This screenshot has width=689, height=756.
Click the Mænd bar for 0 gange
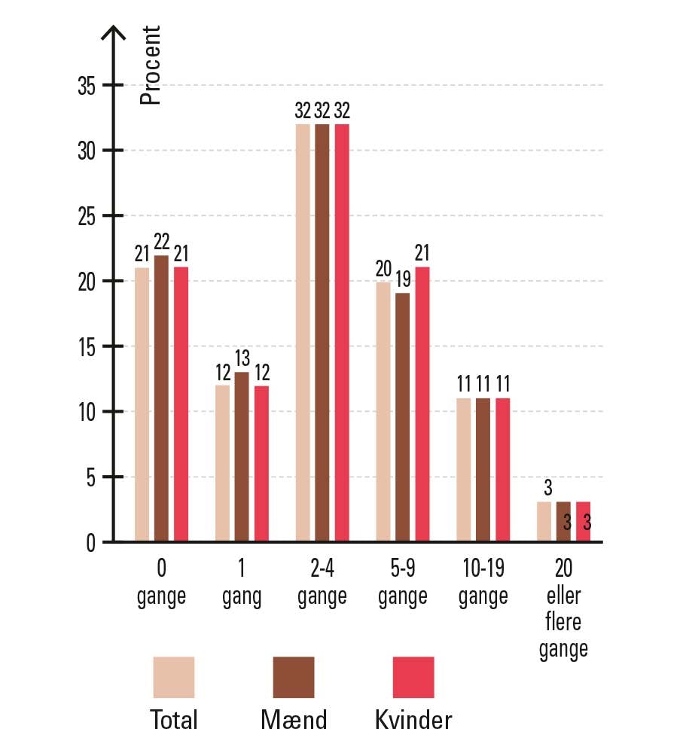(161, 399)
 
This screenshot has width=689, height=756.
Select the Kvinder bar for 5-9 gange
(422, 404)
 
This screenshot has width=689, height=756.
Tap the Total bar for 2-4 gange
(303, 333)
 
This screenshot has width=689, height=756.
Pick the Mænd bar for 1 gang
(241, 457)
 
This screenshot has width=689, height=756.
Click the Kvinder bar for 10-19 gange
(502, 470)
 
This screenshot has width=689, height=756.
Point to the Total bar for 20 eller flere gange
(544, 522)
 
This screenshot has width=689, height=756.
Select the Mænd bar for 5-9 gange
(403, 417)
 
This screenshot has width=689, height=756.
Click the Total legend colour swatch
(174, 677)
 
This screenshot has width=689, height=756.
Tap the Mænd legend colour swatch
(294, 677)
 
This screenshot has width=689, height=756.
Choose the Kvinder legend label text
(413, 721)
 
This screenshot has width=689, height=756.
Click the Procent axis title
(151, 66)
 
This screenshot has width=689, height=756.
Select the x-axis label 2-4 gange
(322, 585)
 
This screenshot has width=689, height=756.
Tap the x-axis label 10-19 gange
(483, 585)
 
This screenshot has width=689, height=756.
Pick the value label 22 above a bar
(161, 242)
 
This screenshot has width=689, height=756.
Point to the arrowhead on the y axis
(114, 33)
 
